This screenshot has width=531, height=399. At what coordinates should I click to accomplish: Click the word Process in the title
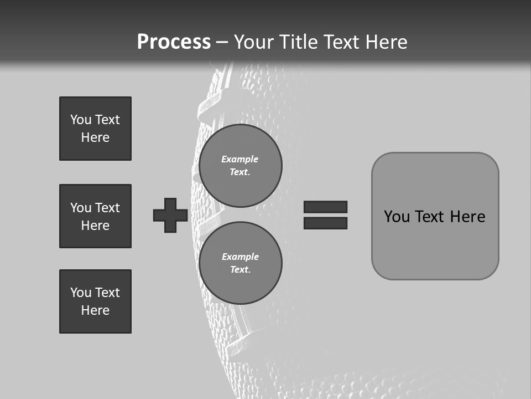(174, 42)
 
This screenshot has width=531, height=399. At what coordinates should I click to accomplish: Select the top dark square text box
(95, 129)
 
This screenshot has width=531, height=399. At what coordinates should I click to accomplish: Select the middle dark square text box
(95, 216)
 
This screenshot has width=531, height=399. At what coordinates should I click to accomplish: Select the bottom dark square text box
(95, 301)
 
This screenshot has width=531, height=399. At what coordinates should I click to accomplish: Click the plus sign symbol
(170, 215)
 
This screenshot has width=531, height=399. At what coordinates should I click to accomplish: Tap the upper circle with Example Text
(240, 166)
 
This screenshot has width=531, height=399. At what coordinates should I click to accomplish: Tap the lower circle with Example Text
(240, 263)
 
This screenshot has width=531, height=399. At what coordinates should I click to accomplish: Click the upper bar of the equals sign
(325, 207)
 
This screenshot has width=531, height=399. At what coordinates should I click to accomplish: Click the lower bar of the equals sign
(325, 223)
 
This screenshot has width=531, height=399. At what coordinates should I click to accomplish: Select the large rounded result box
(435, 244)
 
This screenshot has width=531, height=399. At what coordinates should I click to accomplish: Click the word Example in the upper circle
(240, 159)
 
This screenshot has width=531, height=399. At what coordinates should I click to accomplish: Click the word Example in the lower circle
(240, 257)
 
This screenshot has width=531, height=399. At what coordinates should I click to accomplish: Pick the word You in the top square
(80, 120)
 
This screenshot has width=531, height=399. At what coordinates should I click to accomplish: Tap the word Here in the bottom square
(95, 310)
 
